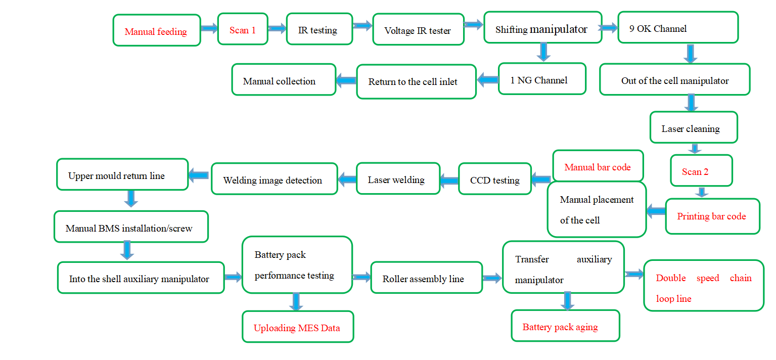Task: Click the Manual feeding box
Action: click(x=157, y=31)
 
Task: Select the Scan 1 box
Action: click(x=243, y=29)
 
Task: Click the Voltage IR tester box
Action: click(x=418, y=29)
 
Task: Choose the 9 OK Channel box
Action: click(x=678, y=27)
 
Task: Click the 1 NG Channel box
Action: click(x=542, y=79)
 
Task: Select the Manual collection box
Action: click(x=284, y=80)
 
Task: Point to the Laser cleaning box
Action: click(x=693, y=127)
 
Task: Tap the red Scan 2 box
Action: click(x=701, y=170)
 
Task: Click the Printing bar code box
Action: click(x=712, y=216)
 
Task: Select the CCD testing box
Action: click(x=494, y=179)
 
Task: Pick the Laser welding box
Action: click(x=398, y=178)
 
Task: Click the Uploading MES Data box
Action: click(x=297, y=327)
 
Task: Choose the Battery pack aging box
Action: click(x=565, y=326)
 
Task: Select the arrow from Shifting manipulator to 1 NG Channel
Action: click(x=543, y=52)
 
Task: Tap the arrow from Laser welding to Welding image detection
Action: click(x=347, y=178)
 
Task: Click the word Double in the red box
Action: click(x=671, y=278)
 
